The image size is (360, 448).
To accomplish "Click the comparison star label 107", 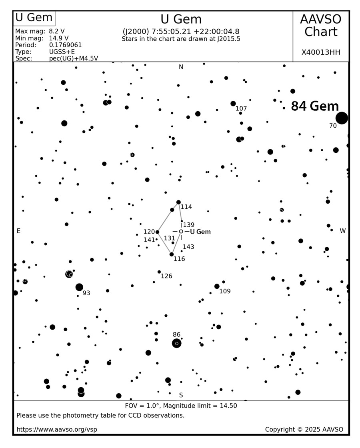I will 241,109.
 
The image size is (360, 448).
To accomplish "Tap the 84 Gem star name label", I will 315,106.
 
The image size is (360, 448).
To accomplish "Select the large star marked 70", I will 342,118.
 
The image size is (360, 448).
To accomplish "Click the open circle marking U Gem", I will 181,232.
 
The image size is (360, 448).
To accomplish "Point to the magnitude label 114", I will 186,207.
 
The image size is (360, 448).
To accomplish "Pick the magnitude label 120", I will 149,232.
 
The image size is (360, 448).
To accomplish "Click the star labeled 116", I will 172,254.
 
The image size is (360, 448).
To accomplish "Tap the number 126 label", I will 166,276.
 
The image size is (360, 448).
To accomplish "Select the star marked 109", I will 217,286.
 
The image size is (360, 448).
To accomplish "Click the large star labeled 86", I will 176,343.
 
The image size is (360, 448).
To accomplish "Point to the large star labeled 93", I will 79,287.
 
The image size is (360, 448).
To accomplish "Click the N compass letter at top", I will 181,67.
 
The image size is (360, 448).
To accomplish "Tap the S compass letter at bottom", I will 181,395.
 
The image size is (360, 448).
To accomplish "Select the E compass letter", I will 18,231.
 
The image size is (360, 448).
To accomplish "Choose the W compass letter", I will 342,231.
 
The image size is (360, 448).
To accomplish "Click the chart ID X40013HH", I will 320,52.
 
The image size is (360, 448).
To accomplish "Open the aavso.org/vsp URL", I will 57,430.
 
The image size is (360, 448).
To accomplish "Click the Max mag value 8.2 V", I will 57,31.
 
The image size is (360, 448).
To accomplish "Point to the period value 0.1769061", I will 65,45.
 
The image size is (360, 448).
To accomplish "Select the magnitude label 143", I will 188,247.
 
